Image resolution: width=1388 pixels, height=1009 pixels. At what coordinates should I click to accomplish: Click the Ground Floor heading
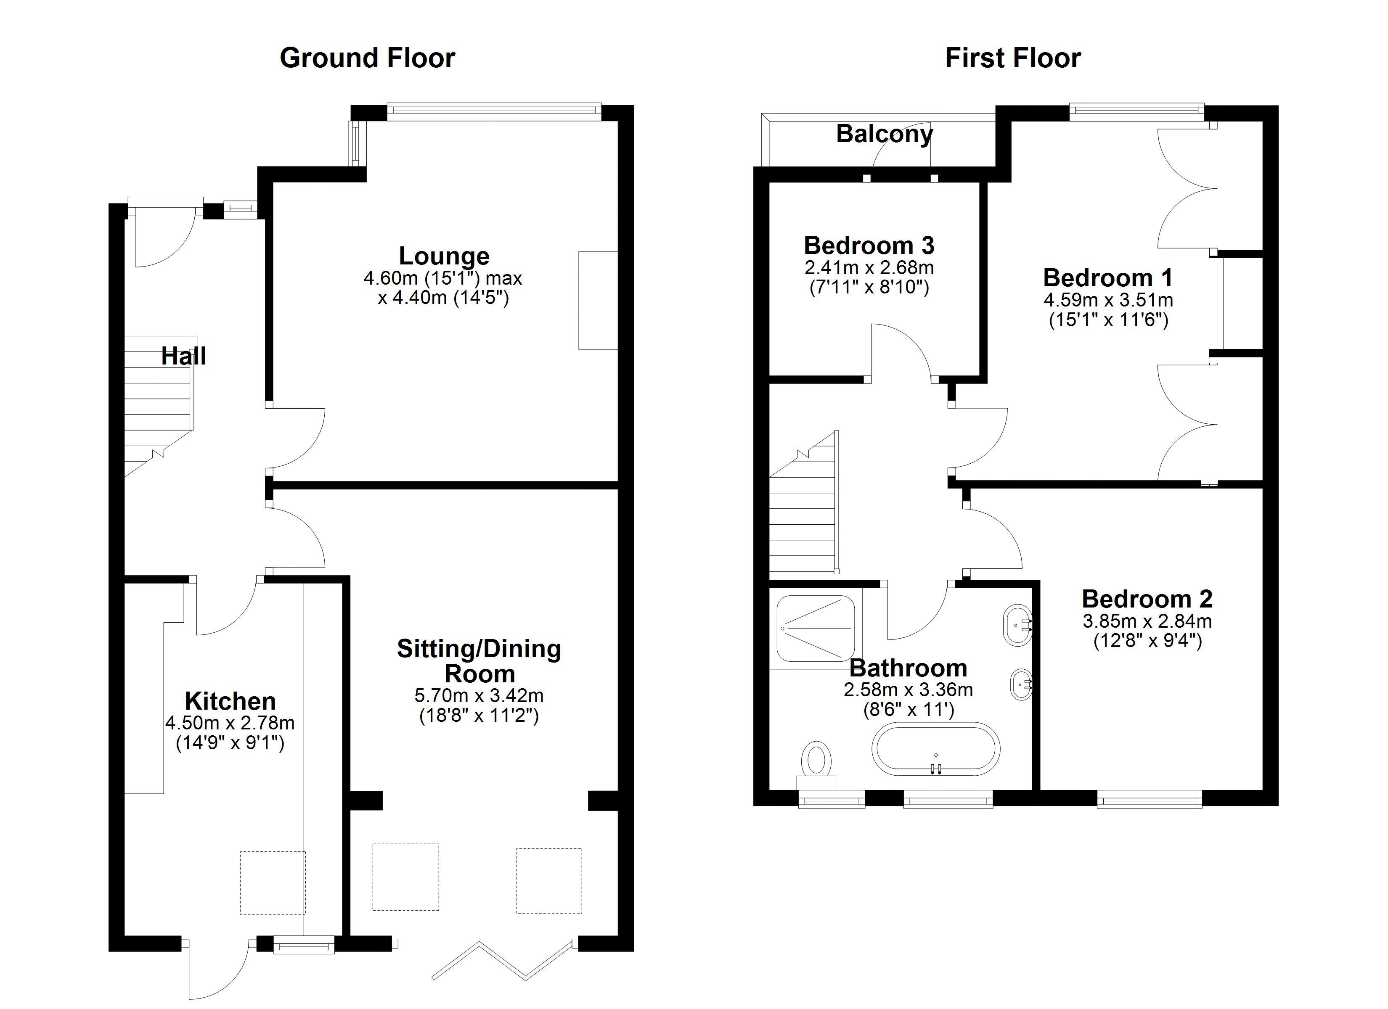coord(367,58)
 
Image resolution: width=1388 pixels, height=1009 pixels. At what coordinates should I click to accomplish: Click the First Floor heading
coord(1013,58)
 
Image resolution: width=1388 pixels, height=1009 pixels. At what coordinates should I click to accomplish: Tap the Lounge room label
coord(444,256)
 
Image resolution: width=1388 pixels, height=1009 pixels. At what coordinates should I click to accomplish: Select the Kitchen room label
coord(230,700)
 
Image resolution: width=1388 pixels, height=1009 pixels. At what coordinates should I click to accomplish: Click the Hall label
coord(184,356)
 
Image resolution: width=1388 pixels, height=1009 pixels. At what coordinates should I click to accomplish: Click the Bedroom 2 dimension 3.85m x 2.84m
coord(1147,621)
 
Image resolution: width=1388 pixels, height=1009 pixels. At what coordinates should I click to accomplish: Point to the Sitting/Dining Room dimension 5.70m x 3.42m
coord(479,696)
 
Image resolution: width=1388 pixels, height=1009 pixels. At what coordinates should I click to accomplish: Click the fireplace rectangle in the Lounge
coord(598,300)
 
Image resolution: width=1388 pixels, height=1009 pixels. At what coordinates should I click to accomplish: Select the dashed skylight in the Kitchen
coord(272,882)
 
